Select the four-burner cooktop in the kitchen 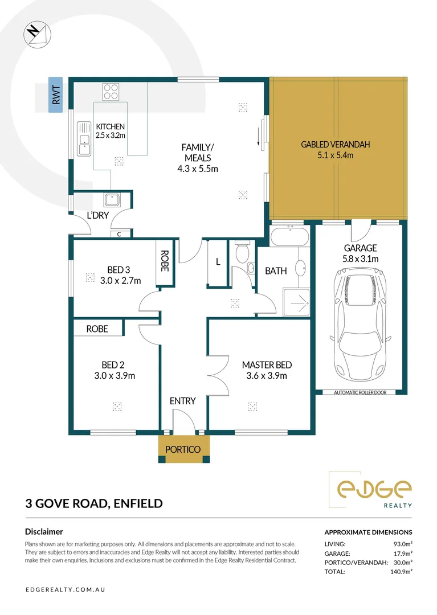point(111,92)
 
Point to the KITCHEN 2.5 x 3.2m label point(110,131)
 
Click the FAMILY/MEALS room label point(198,158)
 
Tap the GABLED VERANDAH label point(335,150)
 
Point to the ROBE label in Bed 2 point(97,329)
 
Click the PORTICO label point(183,449)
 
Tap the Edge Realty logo point(374,490)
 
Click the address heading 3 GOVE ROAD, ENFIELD point(94,503)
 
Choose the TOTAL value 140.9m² point(401,571)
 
